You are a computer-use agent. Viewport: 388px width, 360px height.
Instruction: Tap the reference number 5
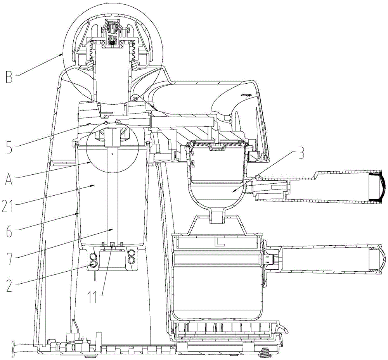coord(9,147)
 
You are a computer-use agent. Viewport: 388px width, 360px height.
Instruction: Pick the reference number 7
coord(9,258)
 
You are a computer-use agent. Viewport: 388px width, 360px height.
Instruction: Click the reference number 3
coord(300,154)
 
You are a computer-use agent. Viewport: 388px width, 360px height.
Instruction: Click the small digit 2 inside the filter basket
coord(193,164)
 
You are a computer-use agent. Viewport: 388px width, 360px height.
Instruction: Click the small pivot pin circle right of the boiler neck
coord(135,98)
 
